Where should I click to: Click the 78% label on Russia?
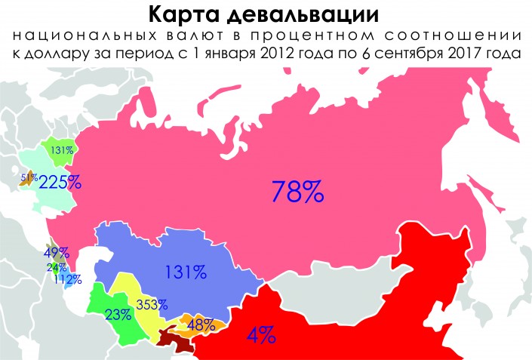click(x=298, y=192)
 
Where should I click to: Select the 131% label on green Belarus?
click(x=61, y=150)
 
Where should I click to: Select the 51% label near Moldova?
click(x=29, y=177)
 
